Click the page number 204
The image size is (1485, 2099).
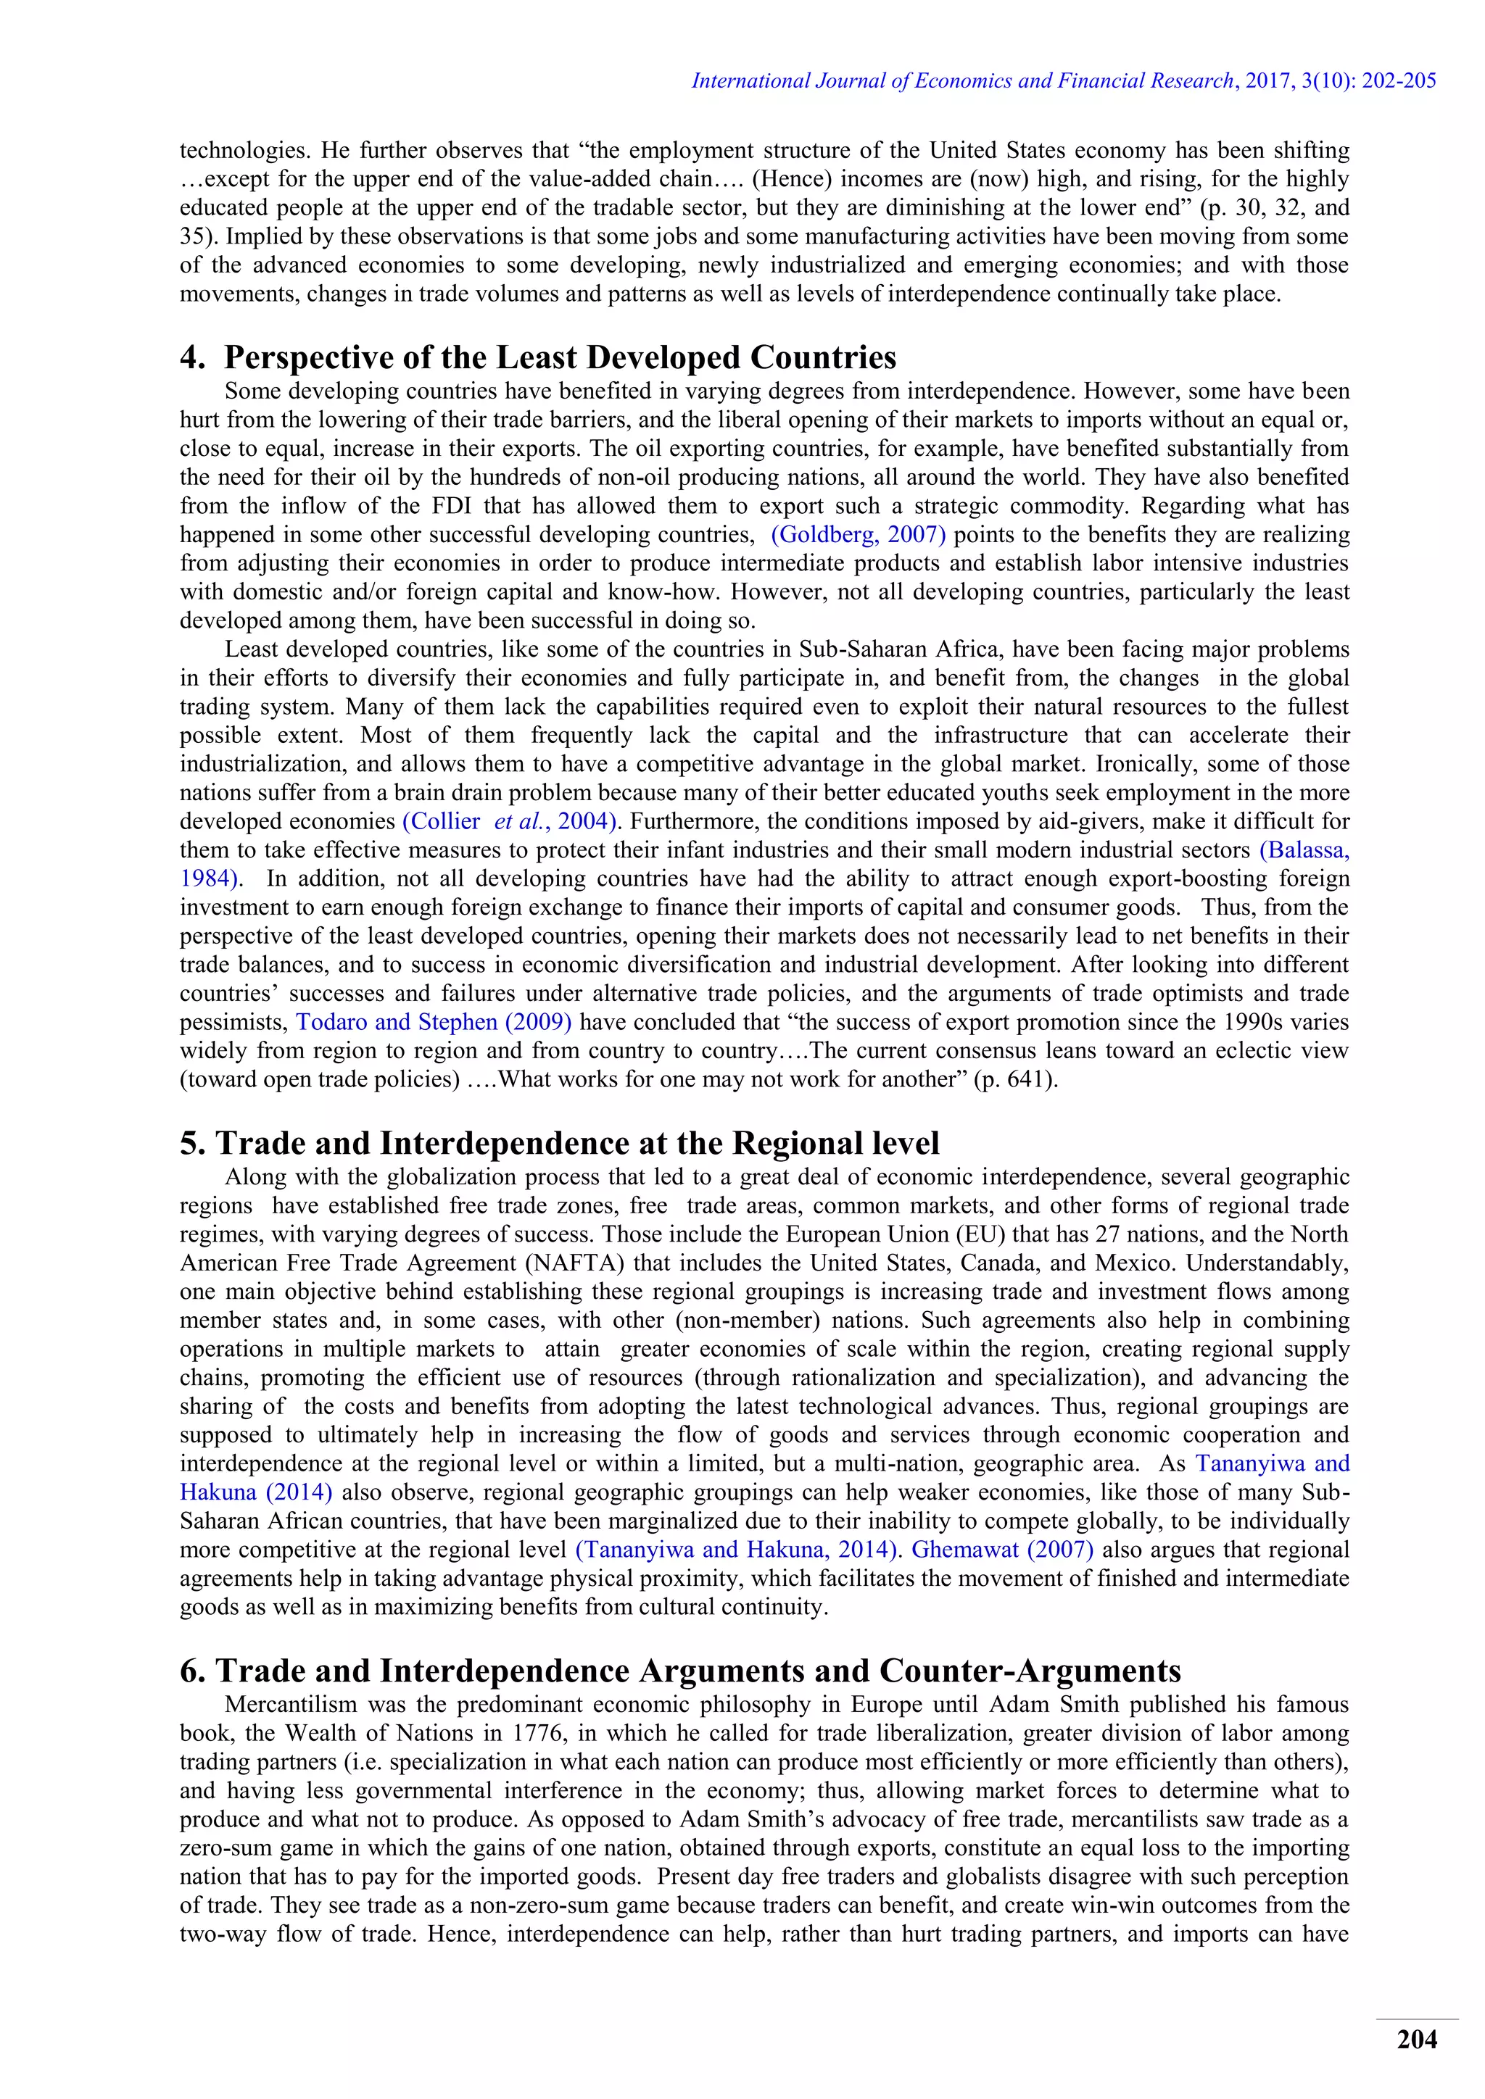(x=1416, y=2039)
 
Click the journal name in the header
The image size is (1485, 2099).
(x=963, y=80)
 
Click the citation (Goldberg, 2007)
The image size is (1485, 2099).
(x=858, y=534)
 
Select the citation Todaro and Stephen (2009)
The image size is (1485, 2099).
(x=434, y=1022)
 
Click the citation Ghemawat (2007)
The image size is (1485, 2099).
(x=1002, y=1550)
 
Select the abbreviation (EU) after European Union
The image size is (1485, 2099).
(x=980, y=1234)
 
